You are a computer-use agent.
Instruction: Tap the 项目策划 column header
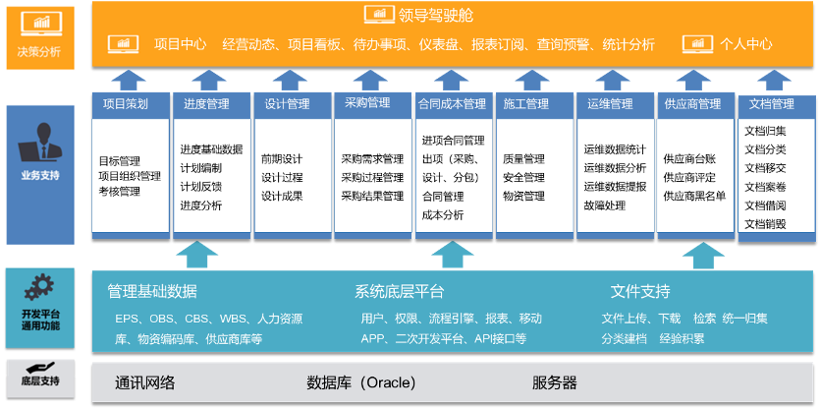pos(126,103)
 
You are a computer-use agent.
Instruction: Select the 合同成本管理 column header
pos(452,103)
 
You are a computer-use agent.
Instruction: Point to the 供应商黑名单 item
pos(695,196)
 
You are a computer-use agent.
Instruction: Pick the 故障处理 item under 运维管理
pos(604,205)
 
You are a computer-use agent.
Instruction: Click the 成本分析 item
pos(442,214)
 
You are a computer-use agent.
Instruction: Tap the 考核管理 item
pos(119,191)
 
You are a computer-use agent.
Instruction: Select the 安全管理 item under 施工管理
pos(523,177)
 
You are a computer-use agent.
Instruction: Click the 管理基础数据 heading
pos(152,292)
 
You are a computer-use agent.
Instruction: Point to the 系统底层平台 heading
pos(400,292)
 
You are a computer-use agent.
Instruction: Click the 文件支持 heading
pos(640,292)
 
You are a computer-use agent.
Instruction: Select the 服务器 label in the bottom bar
pos(555,382)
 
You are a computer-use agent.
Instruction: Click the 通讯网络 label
pos(144,382)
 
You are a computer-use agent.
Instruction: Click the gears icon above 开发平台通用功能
pos(40,287)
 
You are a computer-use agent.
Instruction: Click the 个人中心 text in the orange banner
pos(746,44)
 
